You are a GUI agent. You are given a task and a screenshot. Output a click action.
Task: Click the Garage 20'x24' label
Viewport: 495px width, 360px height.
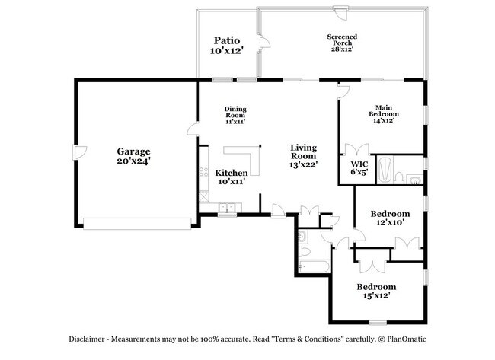tap(133, 156)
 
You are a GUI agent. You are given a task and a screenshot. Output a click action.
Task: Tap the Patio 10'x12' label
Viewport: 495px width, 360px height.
tap(226, 45)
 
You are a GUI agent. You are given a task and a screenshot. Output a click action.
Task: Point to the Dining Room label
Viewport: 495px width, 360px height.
tap(235, 115)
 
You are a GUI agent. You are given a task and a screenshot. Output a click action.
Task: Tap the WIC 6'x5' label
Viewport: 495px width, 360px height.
tap(359, 168)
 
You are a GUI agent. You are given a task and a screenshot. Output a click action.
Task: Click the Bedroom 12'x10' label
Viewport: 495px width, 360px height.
tap(390, 218)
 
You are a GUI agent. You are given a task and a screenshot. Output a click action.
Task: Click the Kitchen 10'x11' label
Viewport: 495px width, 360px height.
tap(231, 177)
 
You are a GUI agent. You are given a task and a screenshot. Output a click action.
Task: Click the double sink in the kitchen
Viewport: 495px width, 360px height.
tap(226, 207)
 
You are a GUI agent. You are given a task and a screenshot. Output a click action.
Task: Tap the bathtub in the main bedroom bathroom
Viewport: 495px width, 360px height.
tap(386, 170)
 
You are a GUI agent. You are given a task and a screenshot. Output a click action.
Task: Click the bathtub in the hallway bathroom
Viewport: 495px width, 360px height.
tap(313, 267)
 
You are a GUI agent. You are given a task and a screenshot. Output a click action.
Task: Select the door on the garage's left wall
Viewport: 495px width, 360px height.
tap(77, 157)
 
